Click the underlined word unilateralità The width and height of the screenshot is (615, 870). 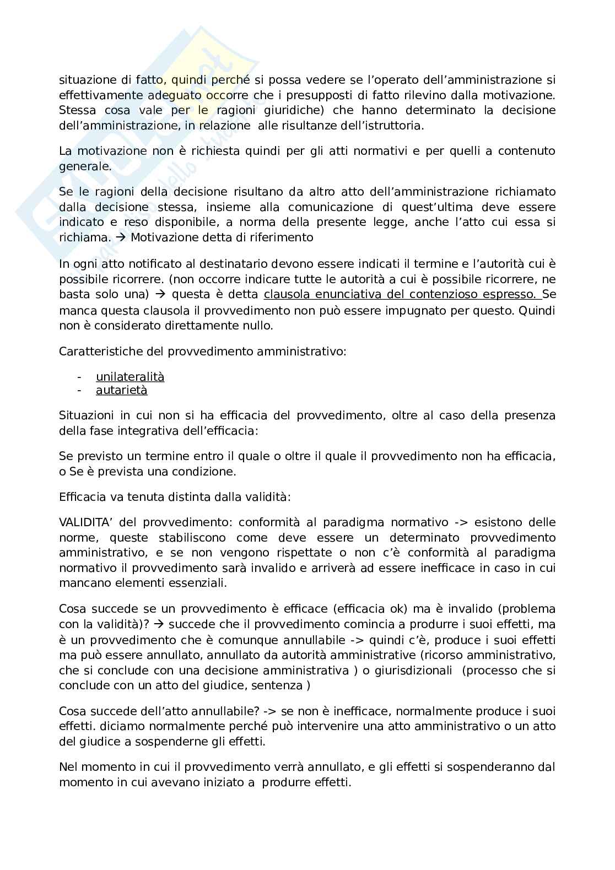pos(130,377)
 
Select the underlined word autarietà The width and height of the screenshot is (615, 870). pos(121,391)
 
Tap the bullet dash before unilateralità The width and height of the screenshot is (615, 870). pos(80,377)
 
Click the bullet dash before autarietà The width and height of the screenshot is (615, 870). pos(80,391)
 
